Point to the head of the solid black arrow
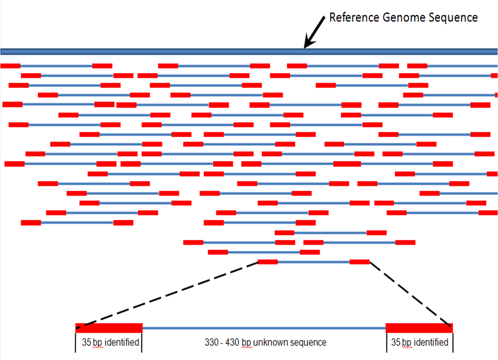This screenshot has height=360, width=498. click(306, 47)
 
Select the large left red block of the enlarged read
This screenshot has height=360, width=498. click(109, 328)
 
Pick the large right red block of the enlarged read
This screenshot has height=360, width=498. click(419, 328)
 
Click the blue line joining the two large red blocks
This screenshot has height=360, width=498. click(264, 328)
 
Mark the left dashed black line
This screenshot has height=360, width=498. click(167, 295)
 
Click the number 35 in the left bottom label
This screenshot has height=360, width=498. click(86, 343)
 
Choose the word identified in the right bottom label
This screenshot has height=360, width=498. click(431, 343)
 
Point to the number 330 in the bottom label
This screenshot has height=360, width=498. click(212, 343)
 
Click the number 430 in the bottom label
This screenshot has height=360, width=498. click(233, 343)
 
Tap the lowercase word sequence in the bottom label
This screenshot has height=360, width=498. click(309, 343)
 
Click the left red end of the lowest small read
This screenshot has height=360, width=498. click(268, 262)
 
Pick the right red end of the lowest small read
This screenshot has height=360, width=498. click(359, 262)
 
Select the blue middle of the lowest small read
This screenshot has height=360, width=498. click(314, 262)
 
